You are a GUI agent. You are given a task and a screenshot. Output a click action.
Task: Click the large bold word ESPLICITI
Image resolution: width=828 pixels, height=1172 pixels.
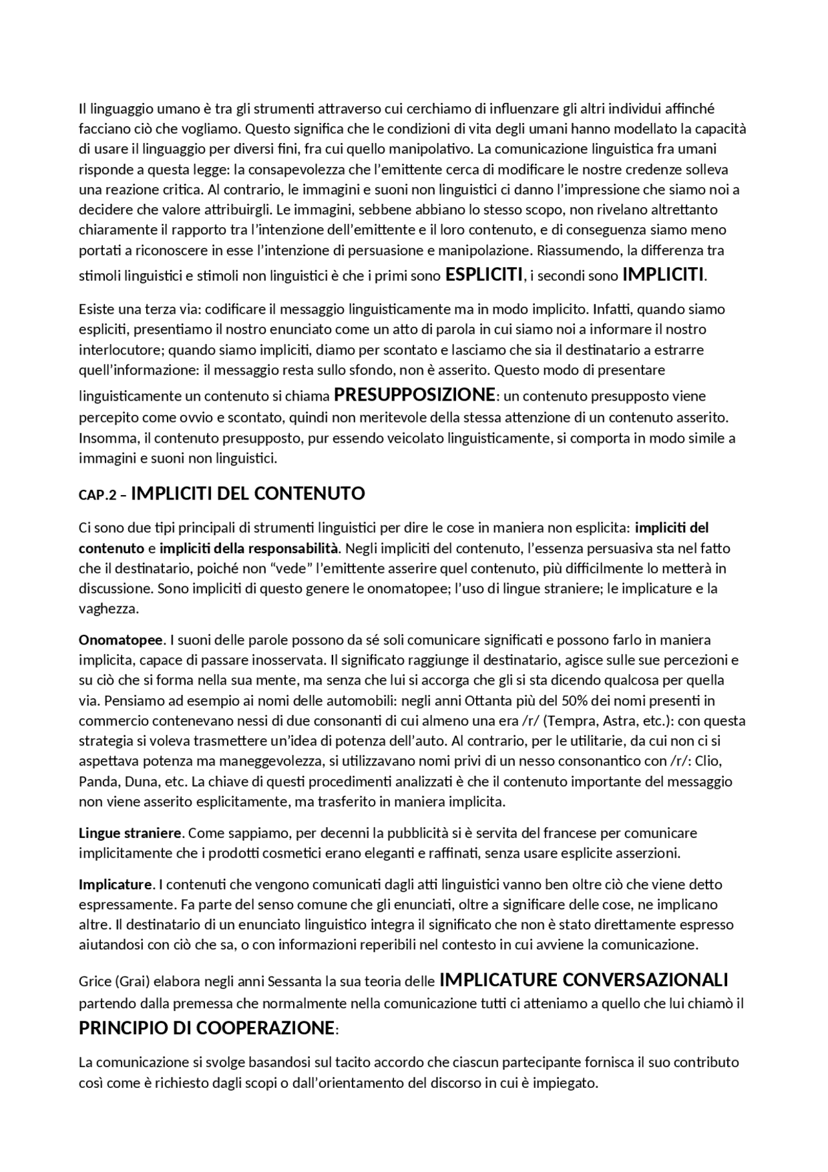point(484,274)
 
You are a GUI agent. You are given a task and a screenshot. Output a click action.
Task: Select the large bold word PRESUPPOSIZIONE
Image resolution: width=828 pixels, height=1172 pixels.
point(414,394)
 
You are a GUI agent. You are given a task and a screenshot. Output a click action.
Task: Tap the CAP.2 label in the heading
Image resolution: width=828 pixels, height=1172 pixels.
point(98,495)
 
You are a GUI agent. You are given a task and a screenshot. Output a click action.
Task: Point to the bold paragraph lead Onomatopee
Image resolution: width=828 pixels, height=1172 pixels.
point(121,640)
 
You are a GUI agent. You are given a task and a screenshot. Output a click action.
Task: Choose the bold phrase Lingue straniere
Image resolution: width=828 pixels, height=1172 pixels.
point(131,832)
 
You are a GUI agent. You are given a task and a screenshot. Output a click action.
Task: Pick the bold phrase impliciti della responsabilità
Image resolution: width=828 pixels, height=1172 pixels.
point(249,548)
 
